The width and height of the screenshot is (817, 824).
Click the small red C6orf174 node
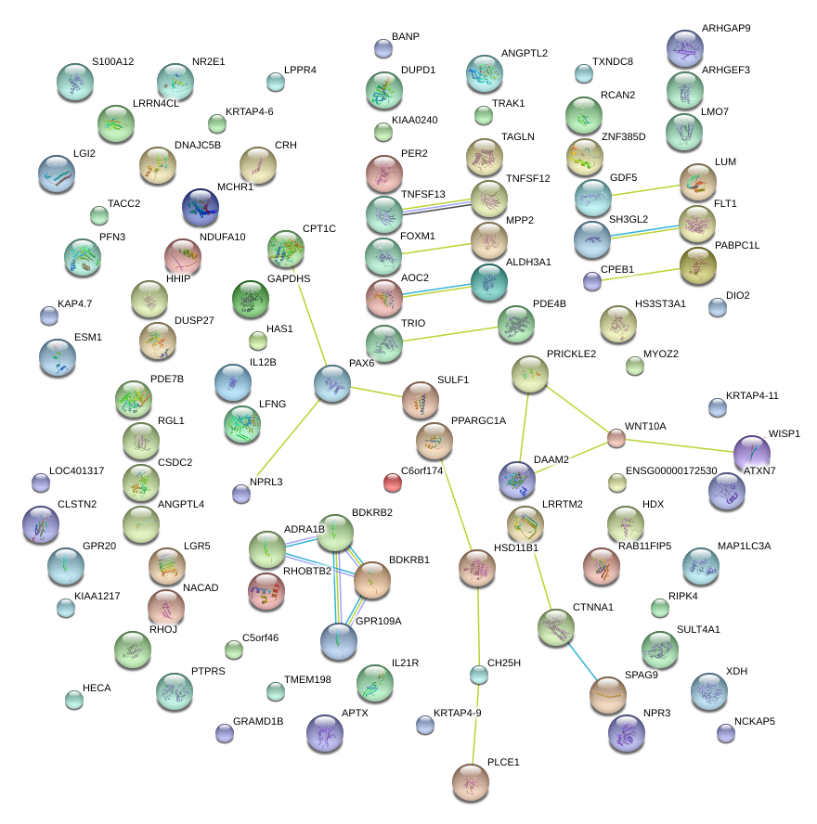click(393, 482)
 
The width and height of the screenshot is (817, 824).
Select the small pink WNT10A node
click(616, 438)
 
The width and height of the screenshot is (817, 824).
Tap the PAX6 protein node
click(332, 383)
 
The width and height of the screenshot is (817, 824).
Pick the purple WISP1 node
click(751, 453)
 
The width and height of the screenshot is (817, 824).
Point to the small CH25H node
click(478, 675)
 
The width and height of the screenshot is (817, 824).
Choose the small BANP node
click(383, 48)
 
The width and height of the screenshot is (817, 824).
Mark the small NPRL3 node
click(241, 494)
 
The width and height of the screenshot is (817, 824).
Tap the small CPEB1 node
click(592, 280)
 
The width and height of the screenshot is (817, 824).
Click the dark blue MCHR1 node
click(200, 208)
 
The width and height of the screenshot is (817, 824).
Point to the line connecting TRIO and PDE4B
click(449, 333)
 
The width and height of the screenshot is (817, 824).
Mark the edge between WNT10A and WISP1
click(682, 445)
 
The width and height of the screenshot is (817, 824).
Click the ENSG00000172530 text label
click(671, 471)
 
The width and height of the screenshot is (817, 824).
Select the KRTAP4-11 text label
click(752, 395)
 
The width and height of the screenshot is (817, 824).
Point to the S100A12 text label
click(113, 62)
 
